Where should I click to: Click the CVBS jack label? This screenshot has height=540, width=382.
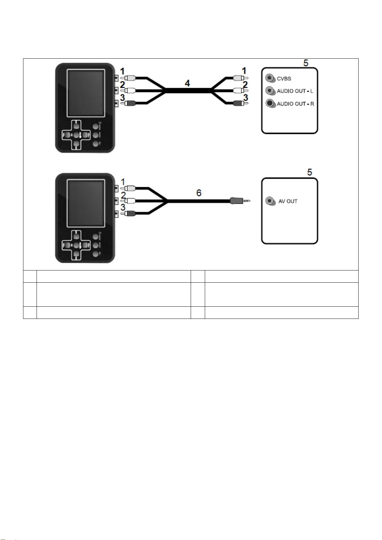(x=284, y=79)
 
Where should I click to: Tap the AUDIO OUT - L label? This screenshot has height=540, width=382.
(x=295, y=91)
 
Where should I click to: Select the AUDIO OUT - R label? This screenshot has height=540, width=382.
(x=295, y=104)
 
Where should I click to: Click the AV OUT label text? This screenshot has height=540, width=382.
(x=288, y=201)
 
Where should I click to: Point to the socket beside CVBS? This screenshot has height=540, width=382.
(x=270, y=78)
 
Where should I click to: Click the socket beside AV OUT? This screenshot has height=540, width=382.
(x=270, y=201)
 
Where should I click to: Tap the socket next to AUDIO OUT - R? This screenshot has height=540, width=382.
(x=270, y=103)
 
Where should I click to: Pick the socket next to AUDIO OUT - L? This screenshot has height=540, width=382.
(x=270, y=91)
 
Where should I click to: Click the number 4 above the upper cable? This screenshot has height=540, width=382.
(x=187, y=83)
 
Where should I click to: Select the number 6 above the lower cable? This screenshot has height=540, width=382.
(x=199, y=193)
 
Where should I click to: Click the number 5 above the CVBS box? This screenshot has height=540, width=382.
(x=306, y=63)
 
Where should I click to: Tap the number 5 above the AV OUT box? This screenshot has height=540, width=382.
(x=310, y=172)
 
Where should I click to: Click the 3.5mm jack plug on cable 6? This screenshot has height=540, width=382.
(x=239, y=201)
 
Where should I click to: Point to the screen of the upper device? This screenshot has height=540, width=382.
(x=86, y=93)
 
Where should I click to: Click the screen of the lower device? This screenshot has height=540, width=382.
(x=86, y=203)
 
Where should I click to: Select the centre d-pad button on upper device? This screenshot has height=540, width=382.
(x=76, y=135)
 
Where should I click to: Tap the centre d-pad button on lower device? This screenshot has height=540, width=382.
(x=76, y=245)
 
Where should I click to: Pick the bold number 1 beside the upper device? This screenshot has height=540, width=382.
(x=122, y=71)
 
